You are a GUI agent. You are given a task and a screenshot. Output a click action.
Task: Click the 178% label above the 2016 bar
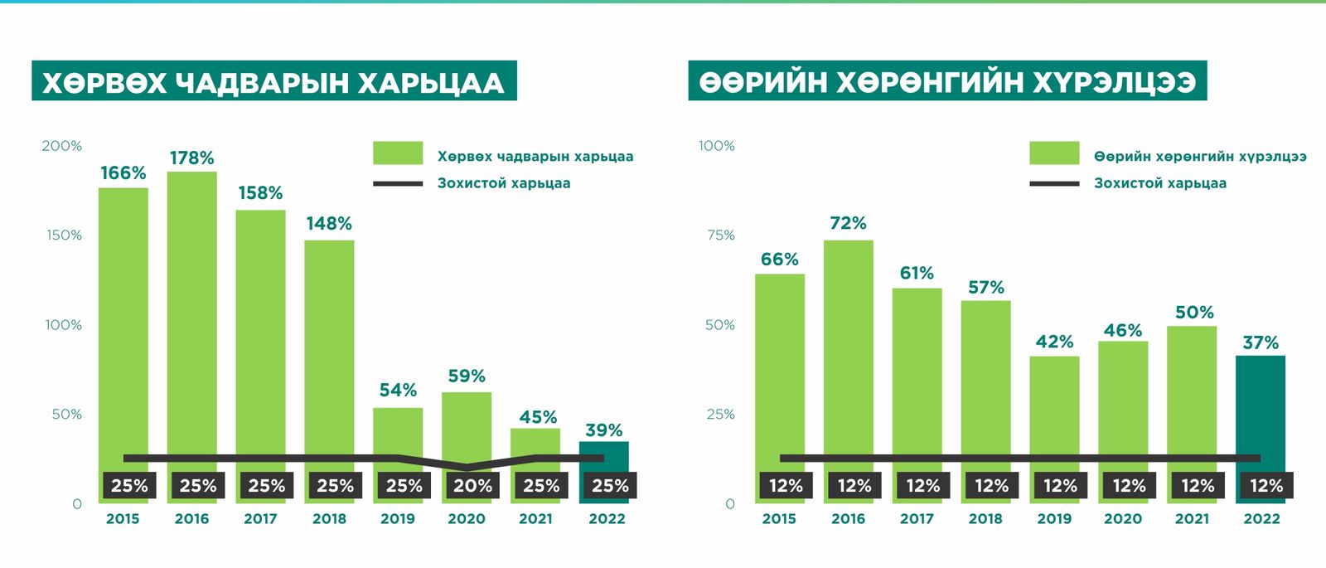(191, 158)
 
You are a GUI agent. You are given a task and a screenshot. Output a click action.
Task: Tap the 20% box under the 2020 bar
(472, 486)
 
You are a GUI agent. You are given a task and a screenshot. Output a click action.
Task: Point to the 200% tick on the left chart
(62, 146)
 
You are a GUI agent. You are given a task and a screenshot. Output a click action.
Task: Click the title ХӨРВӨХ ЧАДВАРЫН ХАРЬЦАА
(273, 81)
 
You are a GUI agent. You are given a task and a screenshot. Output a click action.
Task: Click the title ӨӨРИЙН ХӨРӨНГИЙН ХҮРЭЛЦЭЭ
(947, 81)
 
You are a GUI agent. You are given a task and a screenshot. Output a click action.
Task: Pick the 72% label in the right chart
(848, 223)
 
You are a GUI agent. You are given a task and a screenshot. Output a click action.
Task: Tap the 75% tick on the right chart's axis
(720, 235)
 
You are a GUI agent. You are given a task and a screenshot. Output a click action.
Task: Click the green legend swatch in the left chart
(398, 153)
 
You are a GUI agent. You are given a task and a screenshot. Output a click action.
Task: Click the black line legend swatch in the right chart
(1054, 183)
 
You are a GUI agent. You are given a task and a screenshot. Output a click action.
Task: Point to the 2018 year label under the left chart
(329, 519)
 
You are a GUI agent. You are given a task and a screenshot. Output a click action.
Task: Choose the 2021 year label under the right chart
(1192, 519)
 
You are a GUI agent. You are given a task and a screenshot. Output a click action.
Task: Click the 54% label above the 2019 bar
(398, 390)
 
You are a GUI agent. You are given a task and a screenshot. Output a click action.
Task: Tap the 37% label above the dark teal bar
(1261, 342)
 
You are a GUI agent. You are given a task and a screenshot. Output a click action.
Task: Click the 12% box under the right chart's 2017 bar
(923, 486)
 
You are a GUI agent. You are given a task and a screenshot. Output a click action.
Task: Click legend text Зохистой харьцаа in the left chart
(504, 183)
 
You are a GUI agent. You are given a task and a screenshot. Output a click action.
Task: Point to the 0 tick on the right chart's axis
(730, 504)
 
